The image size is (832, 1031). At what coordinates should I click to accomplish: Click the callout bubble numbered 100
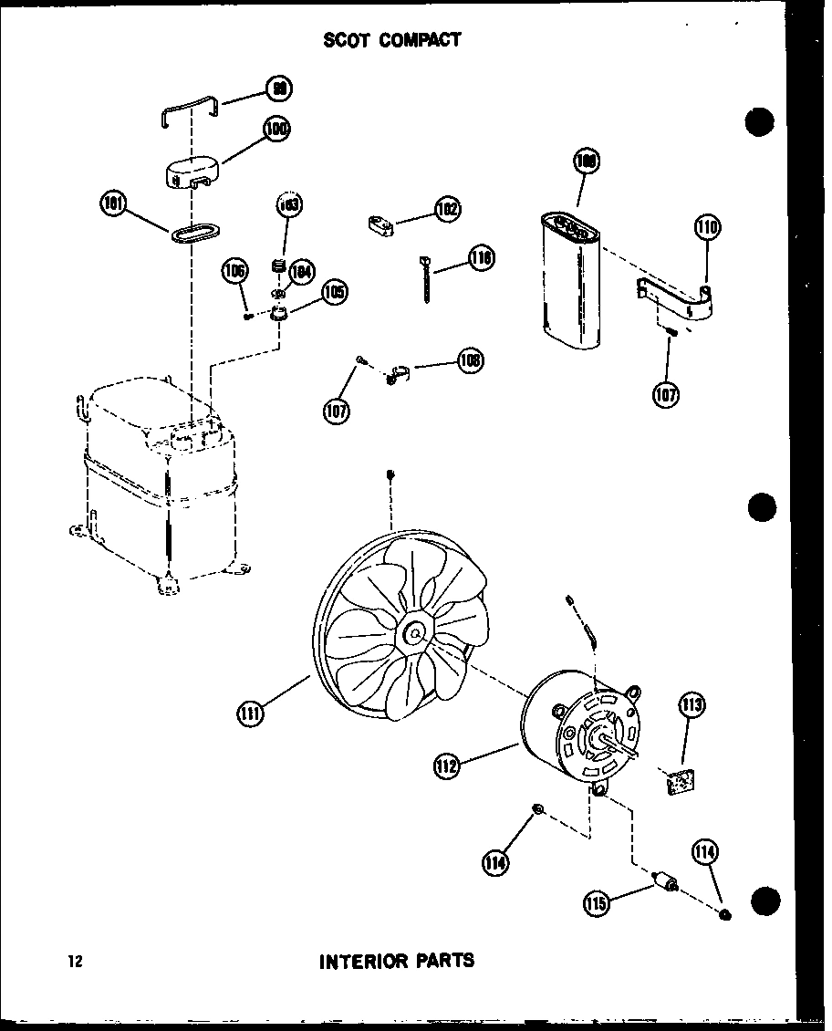(276, 130)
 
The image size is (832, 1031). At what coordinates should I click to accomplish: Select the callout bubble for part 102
(447, 209)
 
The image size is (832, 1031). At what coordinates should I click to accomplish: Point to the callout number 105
(333, 292)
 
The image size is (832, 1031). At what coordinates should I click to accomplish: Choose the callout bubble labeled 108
(471, 360)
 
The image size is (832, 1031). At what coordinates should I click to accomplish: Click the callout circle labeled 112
(446, 767)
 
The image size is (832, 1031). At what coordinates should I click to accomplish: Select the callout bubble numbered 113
(692, 705)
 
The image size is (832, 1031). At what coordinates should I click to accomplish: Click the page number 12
(74, 961)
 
